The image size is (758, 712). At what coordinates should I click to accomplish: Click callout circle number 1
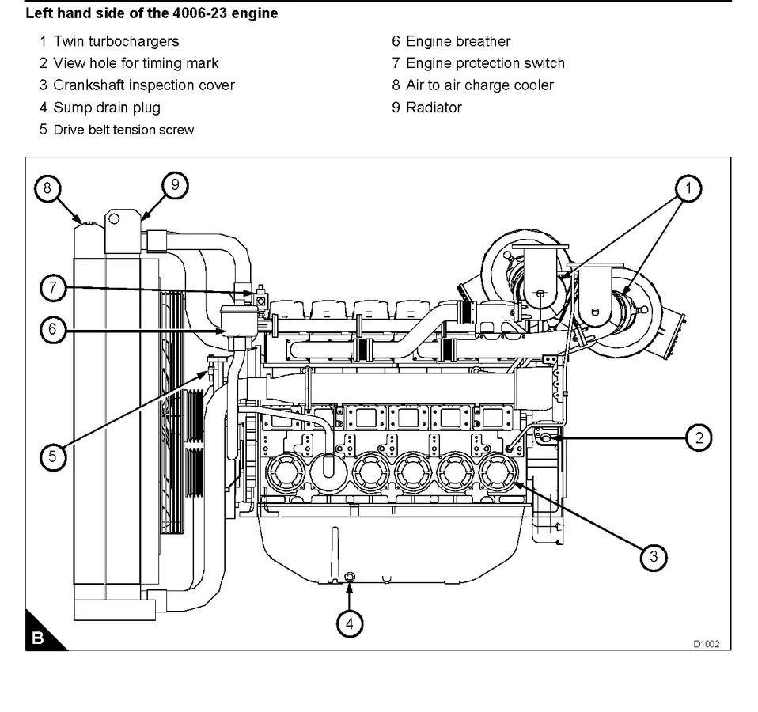688,187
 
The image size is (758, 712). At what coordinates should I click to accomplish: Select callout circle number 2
698,437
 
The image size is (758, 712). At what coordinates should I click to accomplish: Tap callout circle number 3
653,557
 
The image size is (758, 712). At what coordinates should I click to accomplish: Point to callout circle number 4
350,623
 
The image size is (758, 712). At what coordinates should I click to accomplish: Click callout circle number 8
47,187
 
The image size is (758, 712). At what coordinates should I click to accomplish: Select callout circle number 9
175,185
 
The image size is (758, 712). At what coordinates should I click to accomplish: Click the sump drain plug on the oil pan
351,577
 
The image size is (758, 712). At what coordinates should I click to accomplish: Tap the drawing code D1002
707,644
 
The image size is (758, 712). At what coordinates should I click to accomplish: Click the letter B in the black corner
36,638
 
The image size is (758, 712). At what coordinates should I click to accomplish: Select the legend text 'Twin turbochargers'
116,41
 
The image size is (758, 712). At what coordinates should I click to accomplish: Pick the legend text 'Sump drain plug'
106,108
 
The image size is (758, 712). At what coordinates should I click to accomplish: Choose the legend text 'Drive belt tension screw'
123,130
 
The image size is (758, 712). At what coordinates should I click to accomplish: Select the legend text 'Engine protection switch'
485,63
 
